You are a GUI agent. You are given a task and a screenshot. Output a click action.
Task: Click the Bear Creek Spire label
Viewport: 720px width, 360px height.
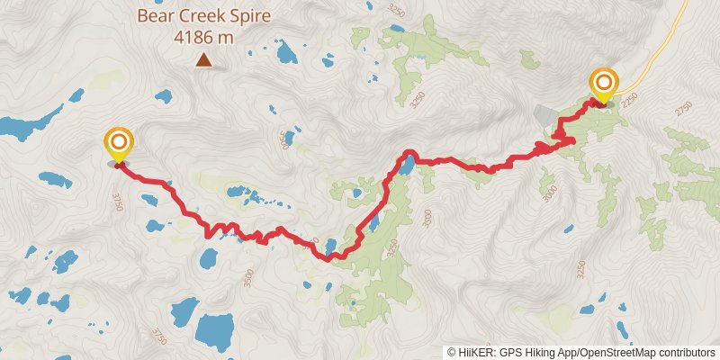(203, 15)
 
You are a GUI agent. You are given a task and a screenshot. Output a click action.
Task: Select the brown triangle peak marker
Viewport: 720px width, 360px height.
(204, 60)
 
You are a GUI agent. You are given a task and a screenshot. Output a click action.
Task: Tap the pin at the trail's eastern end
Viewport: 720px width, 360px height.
(602, 86)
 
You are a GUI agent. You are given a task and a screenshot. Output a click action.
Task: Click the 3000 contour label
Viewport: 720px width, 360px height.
(550, 193)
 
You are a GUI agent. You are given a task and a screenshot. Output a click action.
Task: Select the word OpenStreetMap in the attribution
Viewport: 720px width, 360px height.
(612, 352)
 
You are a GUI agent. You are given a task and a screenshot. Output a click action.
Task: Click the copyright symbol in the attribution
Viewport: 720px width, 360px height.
(452, 352)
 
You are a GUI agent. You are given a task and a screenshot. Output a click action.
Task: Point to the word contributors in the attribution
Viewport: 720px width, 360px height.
(686, 352)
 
